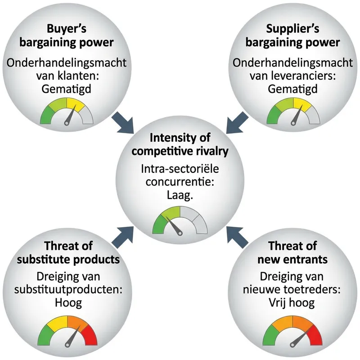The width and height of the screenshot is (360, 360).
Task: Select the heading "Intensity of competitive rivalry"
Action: point(180,144)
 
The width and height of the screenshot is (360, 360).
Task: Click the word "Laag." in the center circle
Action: point(180,196)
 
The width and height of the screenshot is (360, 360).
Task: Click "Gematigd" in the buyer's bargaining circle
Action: point(66,89)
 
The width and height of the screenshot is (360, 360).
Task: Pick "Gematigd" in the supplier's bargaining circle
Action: point(292,89)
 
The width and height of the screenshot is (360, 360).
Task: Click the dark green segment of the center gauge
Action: point(159,225)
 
